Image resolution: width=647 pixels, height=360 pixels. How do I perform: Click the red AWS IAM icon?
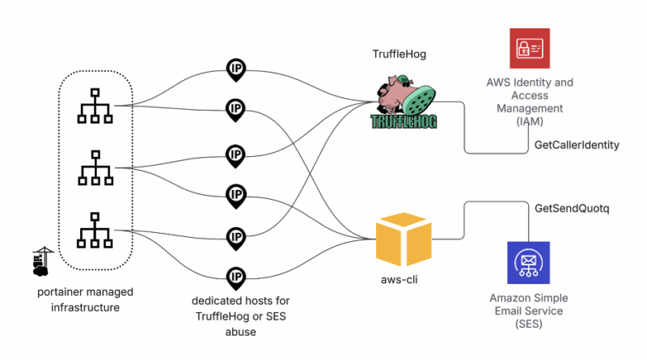click(530, 49)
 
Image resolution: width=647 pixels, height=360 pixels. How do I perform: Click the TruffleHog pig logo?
click(404, 100)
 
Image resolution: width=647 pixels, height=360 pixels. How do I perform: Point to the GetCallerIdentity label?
click(577, 145)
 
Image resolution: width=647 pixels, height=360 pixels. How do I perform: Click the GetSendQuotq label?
click(572, 208)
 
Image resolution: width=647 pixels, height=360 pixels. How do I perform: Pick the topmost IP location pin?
click(235, 69)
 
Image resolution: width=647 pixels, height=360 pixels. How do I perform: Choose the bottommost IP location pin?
click(235, 277)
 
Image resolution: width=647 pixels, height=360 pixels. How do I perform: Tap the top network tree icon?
click(95, 105)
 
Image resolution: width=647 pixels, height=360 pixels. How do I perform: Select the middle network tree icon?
click(95, 167)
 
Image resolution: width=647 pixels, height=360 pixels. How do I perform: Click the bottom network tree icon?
click(95, 230)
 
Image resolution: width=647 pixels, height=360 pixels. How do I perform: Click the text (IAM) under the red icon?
click(531, 121)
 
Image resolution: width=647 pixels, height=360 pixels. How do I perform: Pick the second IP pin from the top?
click(235, 109)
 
